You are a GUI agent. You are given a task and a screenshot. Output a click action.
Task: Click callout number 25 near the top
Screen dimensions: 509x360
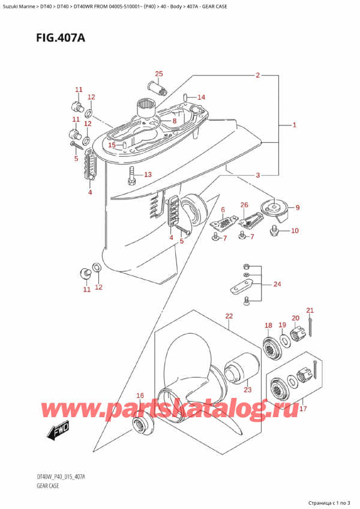158,74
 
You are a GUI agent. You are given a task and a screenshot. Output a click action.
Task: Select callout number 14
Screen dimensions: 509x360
201,97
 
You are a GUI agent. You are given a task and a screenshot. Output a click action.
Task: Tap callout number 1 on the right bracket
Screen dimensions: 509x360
294,125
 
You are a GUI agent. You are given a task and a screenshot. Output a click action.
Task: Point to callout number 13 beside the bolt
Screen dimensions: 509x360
148,175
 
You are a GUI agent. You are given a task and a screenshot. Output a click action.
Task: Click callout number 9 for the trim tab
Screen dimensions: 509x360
298,208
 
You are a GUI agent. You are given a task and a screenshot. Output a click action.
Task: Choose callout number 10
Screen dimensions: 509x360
294,231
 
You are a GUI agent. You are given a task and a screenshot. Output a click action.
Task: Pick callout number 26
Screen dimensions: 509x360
244,205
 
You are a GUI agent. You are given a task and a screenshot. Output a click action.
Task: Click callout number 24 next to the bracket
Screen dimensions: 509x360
277,284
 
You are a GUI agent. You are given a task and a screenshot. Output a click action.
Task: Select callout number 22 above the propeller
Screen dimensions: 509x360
229,316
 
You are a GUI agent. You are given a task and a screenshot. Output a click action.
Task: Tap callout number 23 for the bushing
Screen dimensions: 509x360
247,388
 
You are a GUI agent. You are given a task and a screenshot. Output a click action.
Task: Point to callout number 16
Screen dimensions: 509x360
140,395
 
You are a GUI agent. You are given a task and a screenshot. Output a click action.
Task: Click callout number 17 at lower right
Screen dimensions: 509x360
304,410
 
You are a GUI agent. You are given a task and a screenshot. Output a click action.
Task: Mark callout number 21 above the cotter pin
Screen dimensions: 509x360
310,310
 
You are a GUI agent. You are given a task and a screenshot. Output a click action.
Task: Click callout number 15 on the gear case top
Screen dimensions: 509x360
112,145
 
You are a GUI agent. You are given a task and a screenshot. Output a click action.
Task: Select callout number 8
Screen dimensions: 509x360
174,121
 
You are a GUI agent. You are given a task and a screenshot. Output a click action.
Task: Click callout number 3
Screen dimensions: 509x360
257,175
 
